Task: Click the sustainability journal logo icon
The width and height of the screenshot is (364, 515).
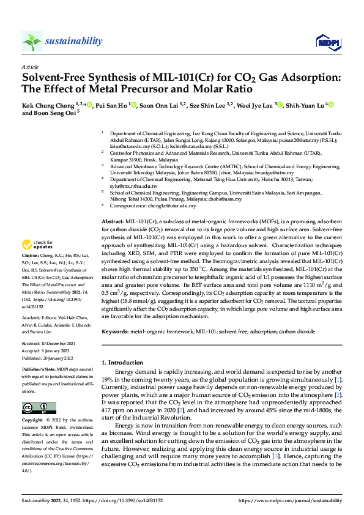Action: tap(32, 41)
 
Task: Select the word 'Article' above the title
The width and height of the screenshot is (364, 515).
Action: tap(30, 66)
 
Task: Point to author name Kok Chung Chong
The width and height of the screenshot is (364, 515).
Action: tap(48, 105)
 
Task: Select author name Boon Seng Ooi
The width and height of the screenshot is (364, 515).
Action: tap(55, 113)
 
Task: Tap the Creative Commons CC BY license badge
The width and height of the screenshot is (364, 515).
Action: tap(39, 409)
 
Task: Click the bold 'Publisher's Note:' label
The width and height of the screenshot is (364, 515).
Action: tap(40, 370)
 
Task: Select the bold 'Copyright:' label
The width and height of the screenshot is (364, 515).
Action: tap(32, 421)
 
